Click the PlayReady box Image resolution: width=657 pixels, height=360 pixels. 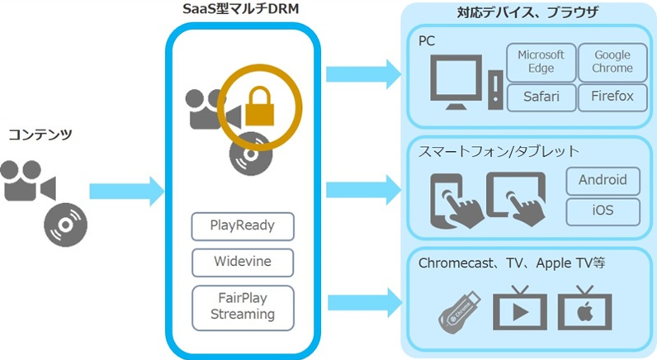[243, 226]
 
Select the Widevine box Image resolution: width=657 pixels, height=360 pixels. [243, 263]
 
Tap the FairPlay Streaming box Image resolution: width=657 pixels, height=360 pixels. [243, 308]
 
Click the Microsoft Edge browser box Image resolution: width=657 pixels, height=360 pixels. [541, 63]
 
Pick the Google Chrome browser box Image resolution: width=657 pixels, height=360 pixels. [612, 63]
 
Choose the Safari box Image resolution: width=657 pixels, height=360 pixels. [541, 97]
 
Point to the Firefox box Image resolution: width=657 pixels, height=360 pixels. [612, 97]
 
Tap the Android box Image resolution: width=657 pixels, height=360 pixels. [603, 181]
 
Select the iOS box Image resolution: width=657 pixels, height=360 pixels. [603, 211]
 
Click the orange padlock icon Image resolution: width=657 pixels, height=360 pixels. [260, 107]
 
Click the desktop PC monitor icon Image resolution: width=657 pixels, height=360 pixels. [456, 82]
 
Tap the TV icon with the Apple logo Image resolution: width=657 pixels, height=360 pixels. [585, 309]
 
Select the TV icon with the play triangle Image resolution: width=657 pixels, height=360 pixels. [519, 309]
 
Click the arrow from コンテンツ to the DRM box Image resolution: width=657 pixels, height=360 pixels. [126, 192]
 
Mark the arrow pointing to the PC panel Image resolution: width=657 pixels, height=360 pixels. [364, 74]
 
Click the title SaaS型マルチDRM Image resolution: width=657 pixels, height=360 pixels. [242, 10]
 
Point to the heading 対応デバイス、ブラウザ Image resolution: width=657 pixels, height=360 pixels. [527, 13]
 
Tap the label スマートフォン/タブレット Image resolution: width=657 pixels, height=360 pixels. [499, 151]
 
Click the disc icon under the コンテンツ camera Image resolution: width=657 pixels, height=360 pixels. [66, 225]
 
